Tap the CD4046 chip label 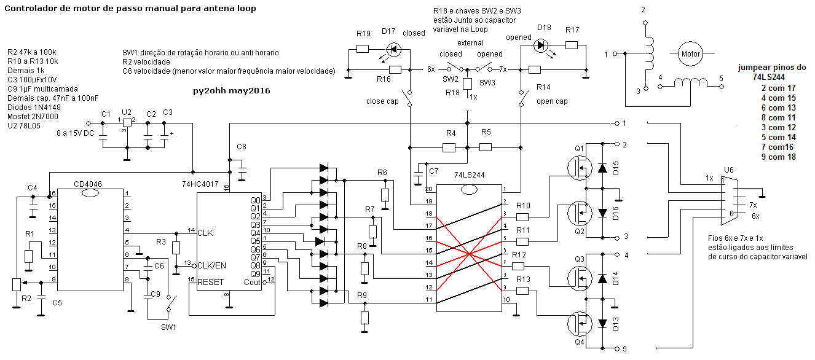88,184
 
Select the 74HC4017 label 200,184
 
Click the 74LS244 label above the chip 469,175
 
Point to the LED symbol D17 393,49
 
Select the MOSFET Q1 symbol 580,168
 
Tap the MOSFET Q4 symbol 580,323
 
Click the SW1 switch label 168,327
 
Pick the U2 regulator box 127,122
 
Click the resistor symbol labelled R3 176,248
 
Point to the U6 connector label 729,170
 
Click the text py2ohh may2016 231,90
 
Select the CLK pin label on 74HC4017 205,233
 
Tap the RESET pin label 211,282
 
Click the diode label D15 616,168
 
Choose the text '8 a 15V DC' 76,133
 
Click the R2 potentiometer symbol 17,284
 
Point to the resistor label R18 452,93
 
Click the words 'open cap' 552,101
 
